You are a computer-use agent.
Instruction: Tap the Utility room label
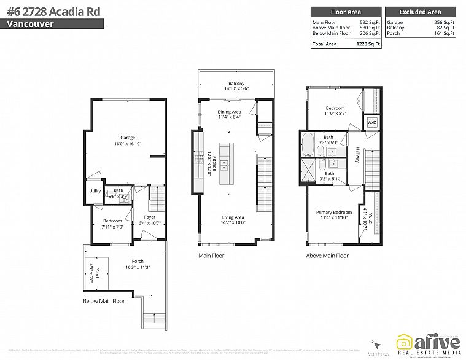pyautogui.click(x=95, y=191)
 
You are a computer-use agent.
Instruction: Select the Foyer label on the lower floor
pyautogui.click(x=150, y=217)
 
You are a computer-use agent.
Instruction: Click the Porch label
pyautogui.click(x=138, y=261)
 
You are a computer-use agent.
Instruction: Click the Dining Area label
pyautogui.click(x=229, y=112)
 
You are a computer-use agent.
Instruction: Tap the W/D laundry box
pyautogui.click(x=372, y=123)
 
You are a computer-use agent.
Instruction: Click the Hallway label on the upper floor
pyautogui.click(x=357, y=154)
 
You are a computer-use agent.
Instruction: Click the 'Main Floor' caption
pyautogui.click(x=211, y=255)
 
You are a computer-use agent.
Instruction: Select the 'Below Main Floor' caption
pyautogui.click(x=104, y=301)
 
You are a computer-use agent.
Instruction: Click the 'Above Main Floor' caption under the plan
pyautogui.click(x=327, y=255)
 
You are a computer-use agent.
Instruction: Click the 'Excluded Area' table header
pyautogui.click(x=420, y=12)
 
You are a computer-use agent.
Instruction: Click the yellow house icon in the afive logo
pyautogui.click(x=404, y=343)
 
